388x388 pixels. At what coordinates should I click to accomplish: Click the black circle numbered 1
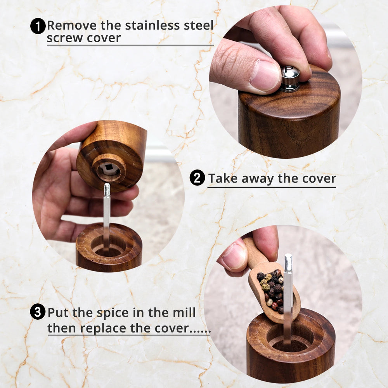pos(38,26)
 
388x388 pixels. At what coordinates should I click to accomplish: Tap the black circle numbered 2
pos(197,178)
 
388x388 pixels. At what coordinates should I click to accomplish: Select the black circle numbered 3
pos(38,312)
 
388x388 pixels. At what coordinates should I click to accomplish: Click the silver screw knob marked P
pos(290,78)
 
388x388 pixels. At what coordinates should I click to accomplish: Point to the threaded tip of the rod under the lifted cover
pos(107,190)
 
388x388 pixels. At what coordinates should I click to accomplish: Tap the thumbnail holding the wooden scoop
pos(235,256)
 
